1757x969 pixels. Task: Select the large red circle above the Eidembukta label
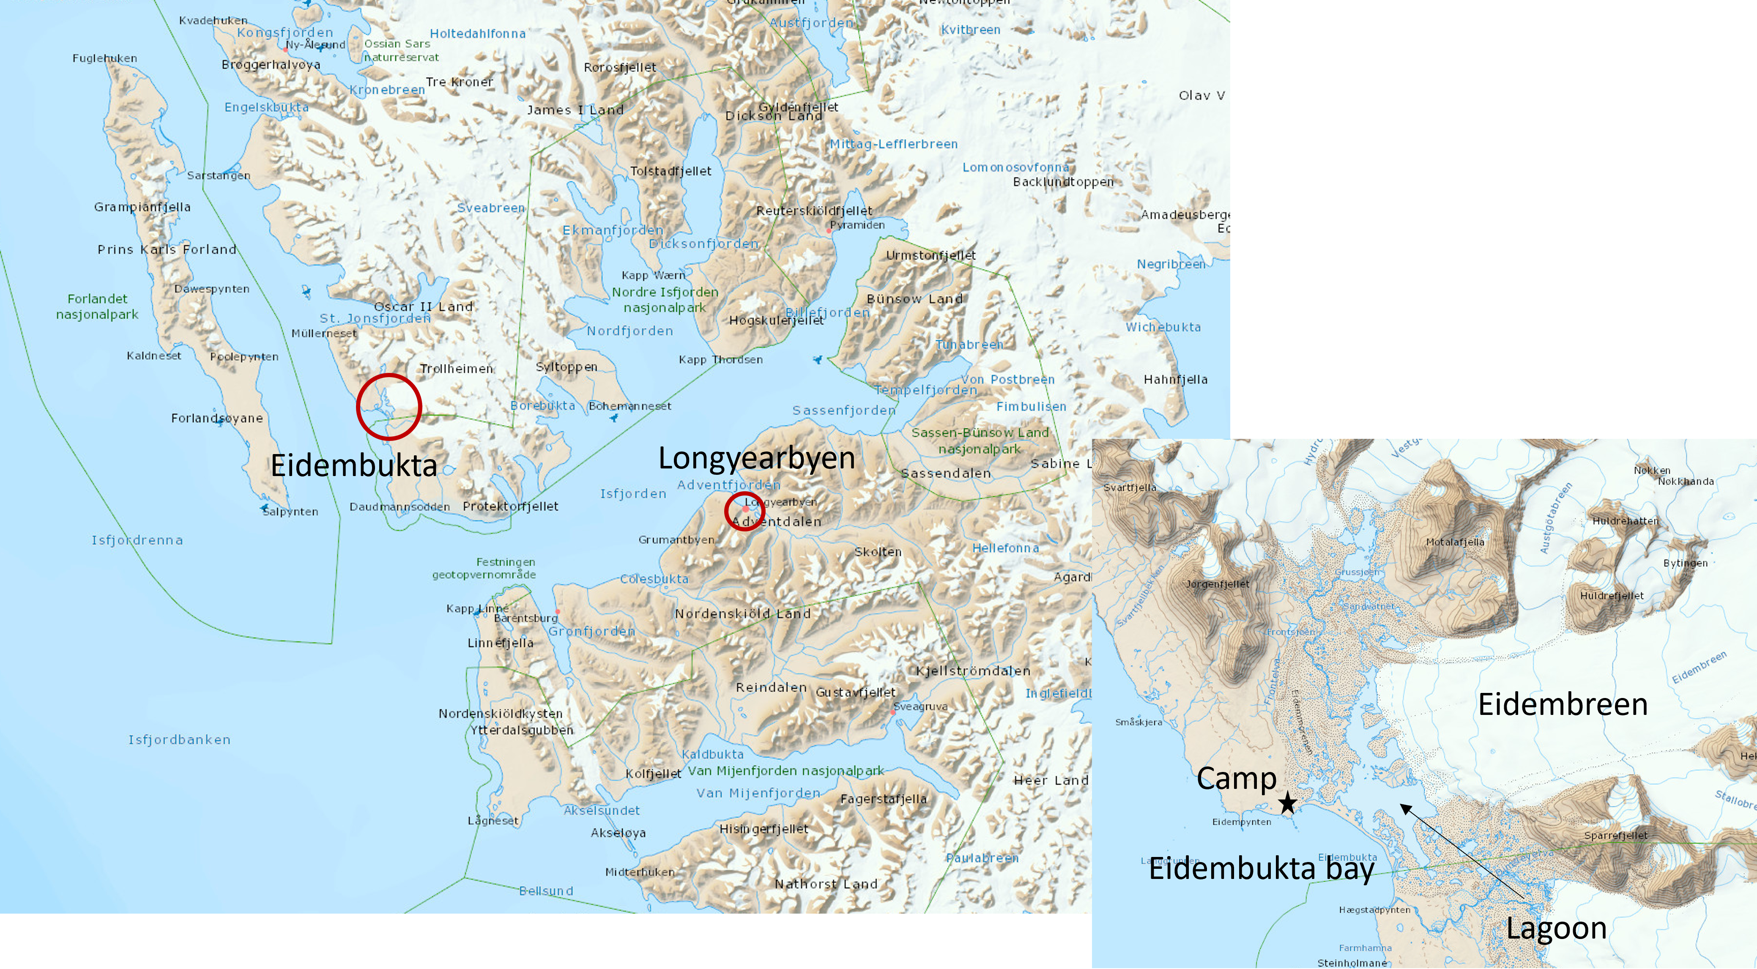[389, 406]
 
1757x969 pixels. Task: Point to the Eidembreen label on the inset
[1563, 704]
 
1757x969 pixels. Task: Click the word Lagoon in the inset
[1556, 928]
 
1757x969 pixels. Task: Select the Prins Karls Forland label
[167, 249]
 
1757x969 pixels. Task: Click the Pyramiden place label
[857, 225]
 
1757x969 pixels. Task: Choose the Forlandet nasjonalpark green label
[97, 306]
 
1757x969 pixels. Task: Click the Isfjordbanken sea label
[179, 740]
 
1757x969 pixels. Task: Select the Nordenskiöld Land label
[743, 614]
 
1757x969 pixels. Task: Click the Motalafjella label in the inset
[1455, 542]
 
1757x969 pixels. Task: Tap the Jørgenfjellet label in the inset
[1218, 584]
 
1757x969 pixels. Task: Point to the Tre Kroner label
[459, 82]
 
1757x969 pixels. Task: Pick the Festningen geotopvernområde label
[484, 568]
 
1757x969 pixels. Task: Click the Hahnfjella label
[1175, 380]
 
